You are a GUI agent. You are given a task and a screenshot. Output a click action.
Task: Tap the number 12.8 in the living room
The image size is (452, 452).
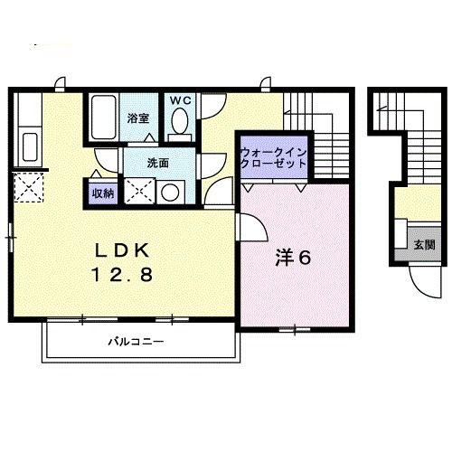pyautogui.click(x=123, y=272)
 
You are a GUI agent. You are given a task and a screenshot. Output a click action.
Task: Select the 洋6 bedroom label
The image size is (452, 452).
pyautogui.click(x=294, y=258)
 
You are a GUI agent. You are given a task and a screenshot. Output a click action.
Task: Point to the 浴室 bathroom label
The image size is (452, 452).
pyautogui.click(x=137, y=118)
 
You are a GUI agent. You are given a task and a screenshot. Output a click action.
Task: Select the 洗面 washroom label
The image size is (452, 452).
pyautogui.click(x=160, y=163)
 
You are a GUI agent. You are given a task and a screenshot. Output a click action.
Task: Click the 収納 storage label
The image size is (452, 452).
pyautogui.click(x=102, y=191)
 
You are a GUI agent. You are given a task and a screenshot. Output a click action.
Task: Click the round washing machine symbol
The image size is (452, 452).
pyautogui.click(x=169, y=191)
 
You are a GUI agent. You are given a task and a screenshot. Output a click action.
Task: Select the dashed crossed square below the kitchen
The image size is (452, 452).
pyautogui.click(x=30, y=191)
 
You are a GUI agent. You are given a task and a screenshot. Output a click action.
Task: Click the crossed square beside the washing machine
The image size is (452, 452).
pyautogui.click(x=138, y=191)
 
